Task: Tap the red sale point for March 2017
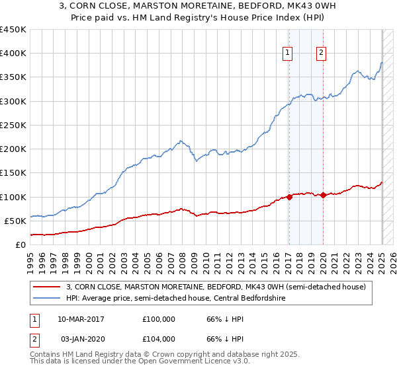[x=289, y=197]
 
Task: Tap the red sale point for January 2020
[x=323, y=195]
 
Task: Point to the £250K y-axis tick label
[x=13, y=125]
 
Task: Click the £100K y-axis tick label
[x=13, y=197]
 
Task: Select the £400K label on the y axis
[x=13, y=53]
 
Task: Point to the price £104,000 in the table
[x=159, y=338]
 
